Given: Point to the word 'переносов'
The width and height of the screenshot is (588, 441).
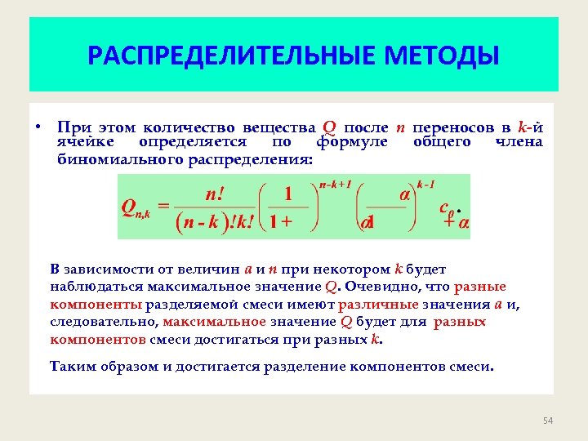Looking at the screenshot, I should point(452,127).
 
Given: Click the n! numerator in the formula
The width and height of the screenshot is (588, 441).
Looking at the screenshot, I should point(216,194).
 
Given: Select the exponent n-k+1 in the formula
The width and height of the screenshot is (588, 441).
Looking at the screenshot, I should point(335,185).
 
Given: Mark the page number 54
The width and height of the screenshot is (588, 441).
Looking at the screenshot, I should point(548,421).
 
